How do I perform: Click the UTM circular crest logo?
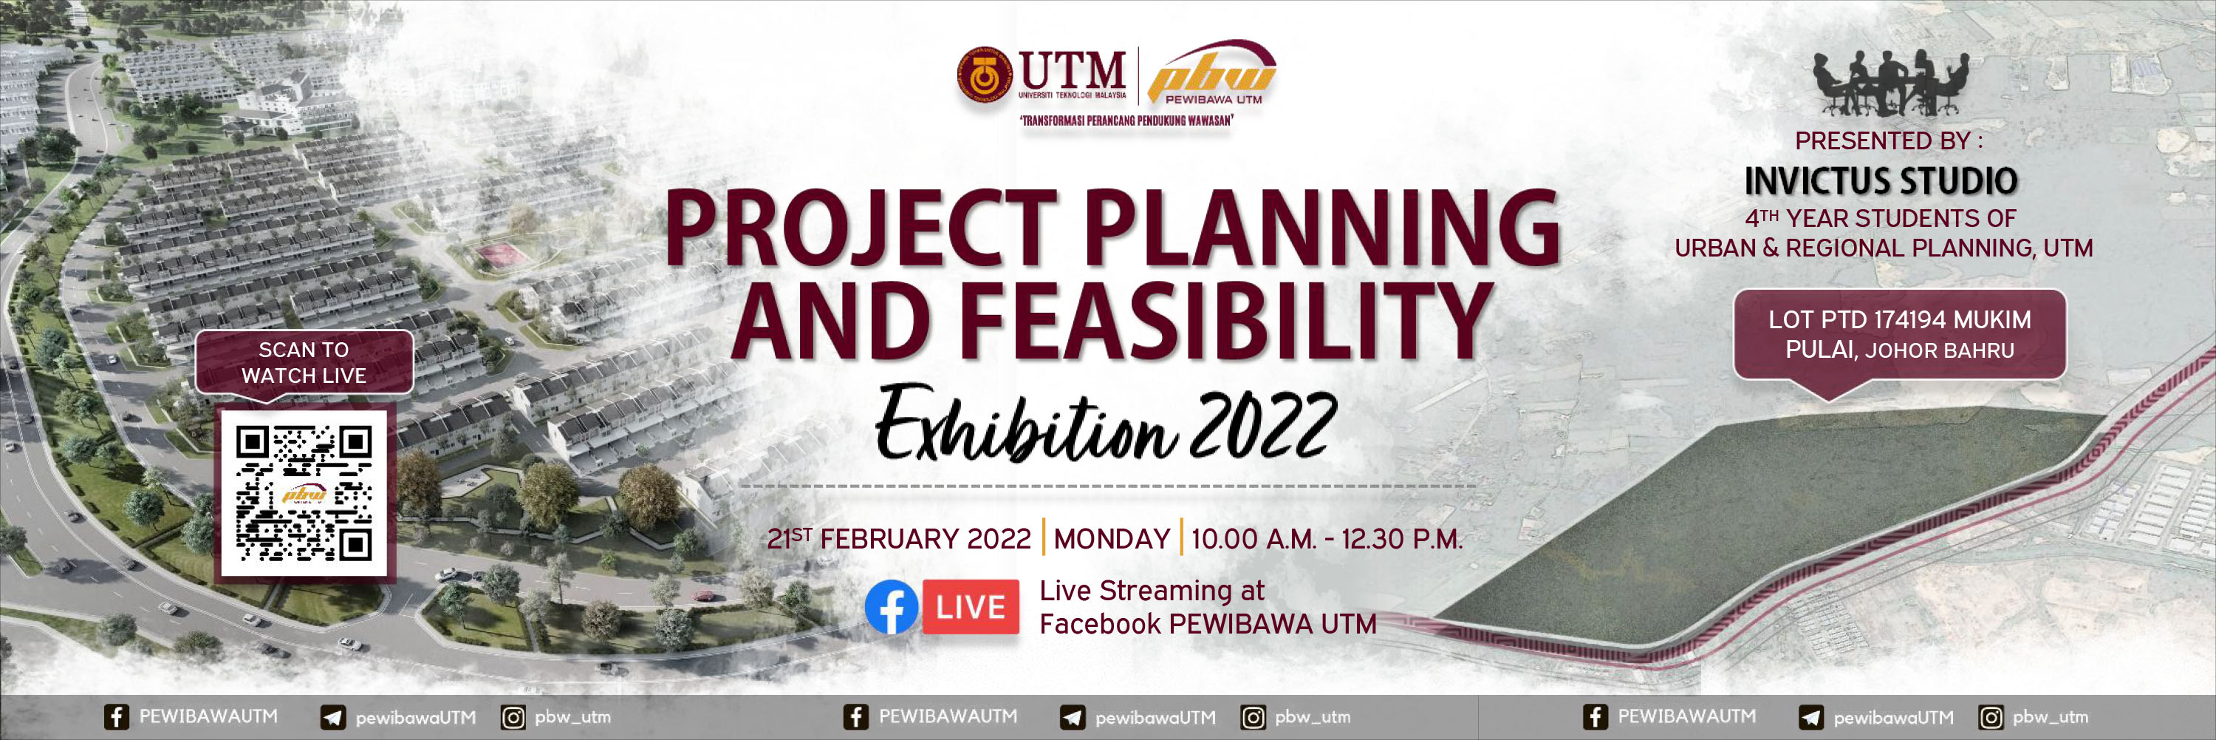[986, 75]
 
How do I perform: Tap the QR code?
[304, 493]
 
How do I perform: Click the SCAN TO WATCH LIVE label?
[304, 362]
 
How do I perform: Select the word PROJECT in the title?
[861, 227]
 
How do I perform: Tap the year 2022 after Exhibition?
[1264, 426]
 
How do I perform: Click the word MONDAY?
[1112, 539]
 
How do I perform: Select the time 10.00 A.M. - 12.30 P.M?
[1327, 539]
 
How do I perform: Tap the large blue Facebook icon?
[892, 608]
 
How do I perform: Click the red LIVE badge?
[971, 608]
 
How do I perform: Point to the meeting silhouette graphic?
[1890, 84]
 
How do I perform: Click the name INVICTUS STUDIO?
[1881, 180]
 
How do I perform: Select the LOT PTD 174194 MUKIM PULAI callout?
[1899, 334]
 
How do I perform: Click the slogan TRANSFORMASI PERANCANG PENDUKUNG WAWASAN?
[1125, 120]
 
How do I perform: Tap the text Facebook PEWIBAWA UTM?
[1208, 624]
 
